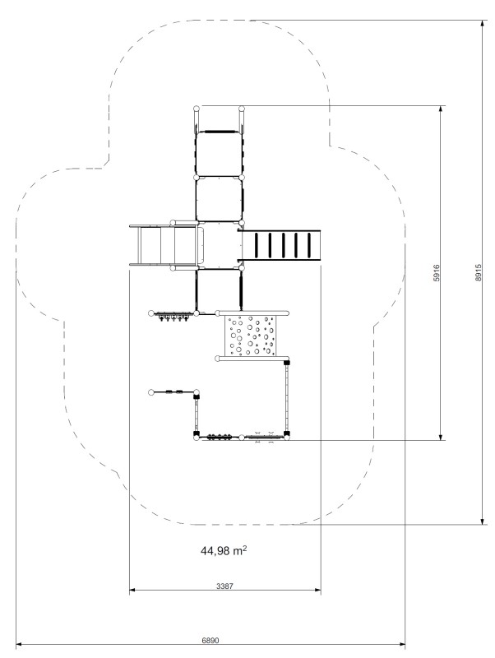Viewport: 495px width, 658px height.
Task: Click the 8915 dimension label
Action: [x=479, y=272]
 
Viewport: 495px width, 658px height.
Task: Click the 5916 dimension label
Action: [x=437, y=273]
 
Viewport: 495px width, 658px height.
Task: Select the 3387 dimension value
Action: [x=224, y=586]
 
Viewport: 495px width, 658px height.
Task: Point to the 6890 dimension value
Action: [x=210, y=641]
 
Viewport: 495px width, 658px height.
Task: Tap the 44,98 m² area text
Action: [x=224, y=550]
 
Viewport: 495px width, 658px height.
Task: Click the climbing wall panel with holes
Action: [x=252, y=336]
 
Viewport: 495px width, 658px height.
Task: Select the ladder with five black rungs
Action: [x=281, y=245]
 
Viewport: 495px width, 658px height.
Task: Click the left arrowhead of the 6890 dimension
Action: [x=19, y=644]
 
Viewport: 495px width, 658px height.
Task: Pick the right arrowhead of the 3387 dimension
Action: [x=317, y=590]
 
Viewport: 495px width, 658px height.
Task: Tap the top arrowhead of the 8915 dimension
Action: [x=482, y=24]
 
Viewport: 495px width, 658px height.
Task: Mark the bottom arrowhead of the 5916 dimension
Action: [x=441, y=437]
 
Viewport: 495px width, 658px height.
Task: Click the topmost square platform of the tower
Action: [x=219, y=154]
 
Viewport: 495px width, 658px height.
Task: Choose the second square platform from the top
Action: [x=219, y=199]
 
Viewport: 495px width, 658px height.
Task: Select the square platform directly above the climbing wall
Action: [x=219, y=290]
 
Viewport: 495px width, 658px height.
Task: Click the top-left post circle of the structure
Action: [x=197, y=109]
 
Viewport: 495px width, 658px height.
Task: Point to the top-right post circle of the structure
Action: [x=242, y=109]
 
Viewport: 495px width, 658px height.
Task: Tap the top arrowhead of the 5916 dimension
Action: [x=441, y=109]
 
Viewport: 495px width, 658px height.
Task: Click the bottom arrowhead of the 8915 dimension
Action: [x=482, y=521]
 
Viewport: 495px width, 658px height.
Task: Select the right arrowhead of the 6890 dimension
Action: [x=402, y=644]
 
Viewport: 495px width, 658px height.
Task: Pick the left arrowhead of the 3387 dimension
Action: [x=132, y=590]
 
